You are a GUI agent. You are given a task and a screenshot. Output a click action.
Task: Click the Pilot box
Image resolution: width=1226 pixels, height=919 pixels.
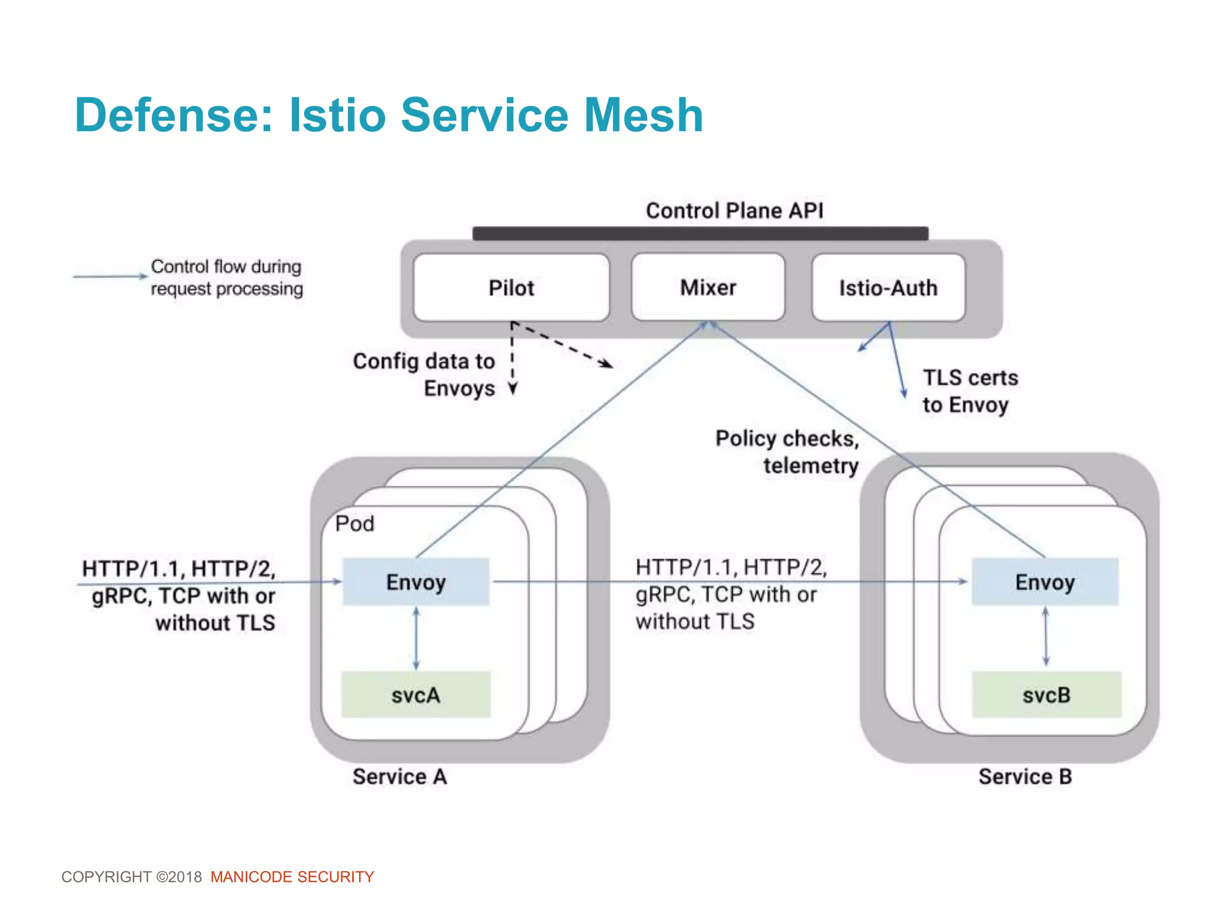pos(511,288)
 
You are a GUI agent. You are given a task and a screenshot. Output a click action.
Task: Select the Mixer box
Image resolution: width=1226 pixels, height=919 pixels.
pos(708,288)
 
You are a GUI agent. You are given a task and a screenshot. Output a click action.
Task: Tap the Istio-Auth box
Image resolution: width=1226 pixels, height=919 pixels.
pos(888,288)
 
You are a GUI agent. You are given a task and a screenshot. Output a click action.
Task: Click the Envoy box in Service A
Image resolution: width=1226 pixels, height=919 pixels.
pos(415,582)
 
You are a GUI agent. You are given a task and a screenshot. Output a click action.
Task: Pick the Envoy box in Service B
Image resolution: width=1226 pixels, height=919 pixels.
pos(1045,582)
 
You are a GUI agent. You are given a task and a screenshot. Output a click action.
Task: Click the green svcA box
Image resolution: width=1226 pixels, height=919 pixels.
pos(415,695)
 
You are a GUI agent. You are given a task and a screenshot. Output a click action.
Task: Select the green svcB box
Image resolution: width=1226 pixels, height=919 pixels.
pos(1046,695)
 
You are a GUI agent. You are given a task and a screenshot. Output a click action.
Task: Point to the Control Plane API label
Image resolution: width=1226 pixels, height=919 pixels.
pos(735,211)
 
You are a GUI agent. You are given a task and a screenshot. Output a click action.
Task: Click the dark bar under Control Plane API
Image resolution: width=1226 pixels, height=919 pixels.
pos(700,233)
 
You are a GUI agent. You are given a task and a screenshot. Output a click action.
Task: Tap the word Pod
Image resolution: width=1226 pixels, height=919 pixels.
pos(354,524)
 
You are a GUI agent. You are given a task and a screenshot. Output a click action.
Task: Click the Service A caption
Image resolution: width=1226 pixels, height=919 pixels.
pos(399,777)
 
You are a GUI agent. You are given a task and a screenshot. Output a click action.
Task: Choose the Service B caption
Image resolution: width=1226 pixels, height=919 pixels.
pos(1025,777)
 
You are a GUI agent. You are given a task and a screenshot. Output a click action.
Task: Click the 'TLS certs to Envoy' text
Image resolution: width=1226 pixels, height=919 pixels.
pos(969,391)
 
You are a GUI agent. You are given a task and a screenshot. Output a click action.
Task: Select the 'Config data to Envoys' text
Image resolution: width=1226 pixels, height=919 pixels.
pos(424,375)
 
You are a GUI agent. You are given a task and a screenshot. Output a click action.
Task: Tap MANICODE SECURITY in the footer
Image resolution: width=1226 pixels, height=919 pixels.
pos(292,877)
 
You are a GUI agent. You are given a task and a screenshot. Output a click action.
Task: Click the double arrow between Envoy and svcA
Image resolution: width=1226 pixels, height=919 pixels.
pos(416,638)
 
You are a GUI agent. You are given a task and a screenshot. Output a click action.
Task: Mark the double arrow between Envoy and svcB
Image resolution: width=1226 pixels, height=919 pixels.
pos(1045,637)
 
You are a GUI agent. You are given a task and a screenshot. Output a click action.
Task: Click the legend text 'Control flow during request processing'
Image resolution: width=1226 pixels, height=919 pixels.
pos(226,277)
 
